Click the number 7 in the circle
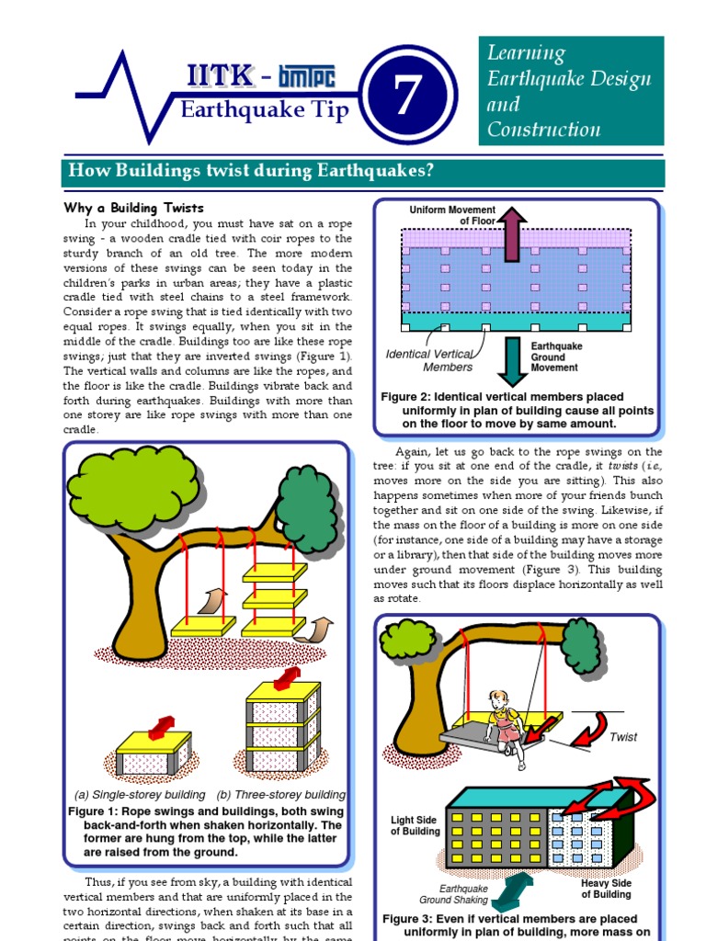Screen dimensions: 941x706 pos(407,96)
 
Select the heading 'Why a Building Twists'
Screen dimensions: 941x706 pos(133,208)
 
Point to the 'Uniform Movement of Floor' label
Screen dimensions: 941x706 pos(452,215)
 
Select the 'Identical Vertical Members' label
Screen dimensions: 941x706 pos(428,360)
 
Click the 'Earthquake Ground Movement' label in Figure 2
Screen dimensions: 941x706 pos(555,357)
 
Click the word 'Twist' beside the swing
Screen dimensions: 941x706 pos(623,737)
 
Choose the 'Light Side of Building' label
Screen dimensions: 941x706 pos(415,825)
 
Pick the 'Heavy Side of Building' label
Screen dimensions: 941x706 pos(607,889)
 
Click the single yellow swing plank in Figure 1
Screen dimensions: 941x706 pos(203,627)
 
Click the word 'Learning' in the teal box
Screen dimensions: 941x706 pos(526,54)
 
